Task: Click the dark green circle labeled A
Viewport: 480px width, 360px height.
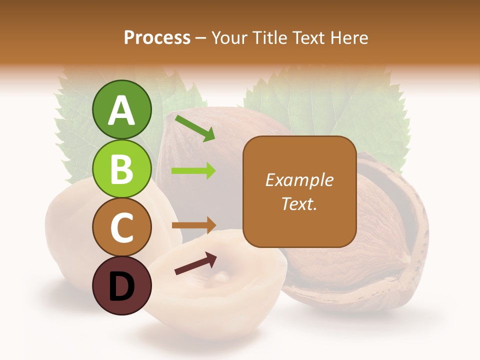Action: click(122, 109)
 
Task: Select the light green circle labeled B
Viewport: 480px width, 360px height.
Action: click(122, 168)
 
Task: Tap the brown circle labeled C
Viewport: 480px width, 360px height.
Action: click(122, 227)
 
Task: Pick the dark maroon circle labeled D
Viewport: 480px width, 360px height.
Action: click(122, 285)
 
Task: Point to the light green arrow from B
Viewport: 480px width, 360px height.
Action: click(193, 171)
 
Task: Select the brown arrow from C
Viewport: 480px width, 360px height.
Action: click(193, 225)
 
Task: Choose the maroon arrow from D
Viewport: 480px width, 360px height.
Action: click(195, 263)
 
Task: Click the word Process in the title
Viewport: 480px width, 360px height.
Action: click(157, 38)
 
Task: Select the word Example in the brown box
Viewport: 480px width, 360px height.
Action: click(299, 180)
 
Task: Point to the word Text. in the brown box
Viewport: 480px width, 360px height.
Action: click(299, 204)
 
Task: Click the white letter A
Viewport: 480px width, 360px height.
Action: click(122, 110)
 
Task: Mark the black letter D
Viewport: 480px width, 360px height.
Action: click(122, 286)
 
